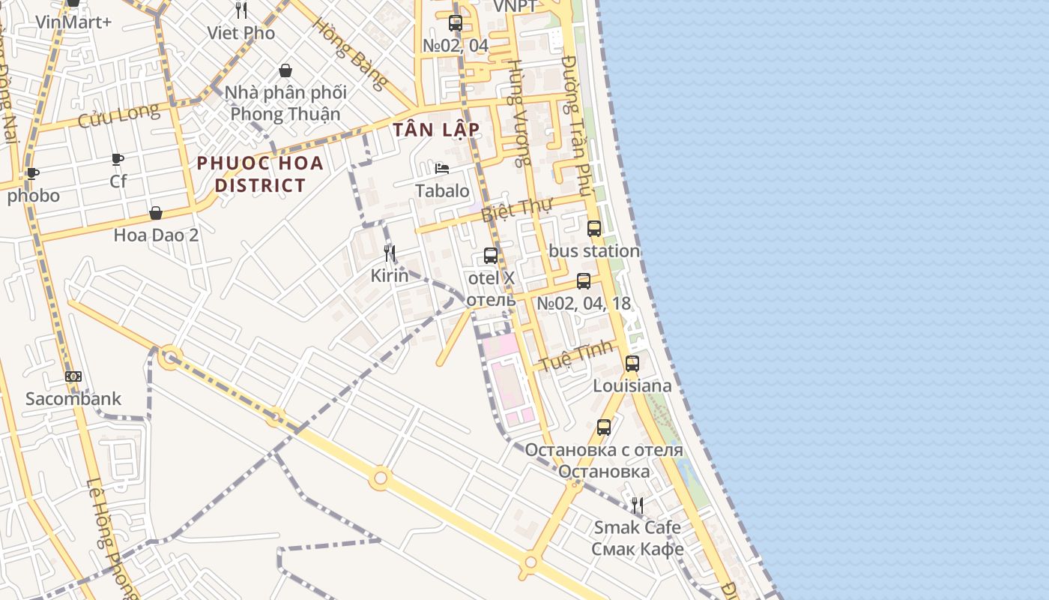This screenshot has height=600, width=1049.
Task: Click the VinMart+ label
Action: pyautogui.click(x=73, y=22)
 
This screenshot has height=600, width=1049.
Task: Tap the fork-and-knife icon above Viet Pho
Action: pyautogui.click(x=241, y=10)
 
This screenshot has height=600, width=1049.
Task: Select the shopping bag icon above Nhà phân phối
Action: pyautogui.click(x=285, y=70)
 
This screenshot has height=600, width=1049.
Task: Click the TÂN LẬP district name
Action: pyautogui.click(x=436, y=129)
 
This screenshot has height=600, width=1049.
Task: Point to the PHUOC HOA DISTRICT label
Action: pyautogui.click(x=260, y=174)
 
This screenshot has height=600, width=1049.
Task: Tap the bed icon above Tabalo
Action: pyautogui.click(x=442, y=168)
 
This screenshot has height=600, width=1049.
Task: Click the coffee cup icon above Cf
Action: pyautogui.click(x=118, y=159)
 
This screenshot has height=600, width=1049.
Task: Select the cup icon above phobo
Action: pyautogui.click(x=33, y=174)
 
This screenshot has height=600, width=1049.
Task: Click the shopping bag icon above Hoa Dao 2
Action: pyautogui.click(x=156, y=213)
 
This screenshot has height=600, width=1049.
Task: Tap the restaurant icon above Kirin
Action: pyautogui.click(x=390, y=253)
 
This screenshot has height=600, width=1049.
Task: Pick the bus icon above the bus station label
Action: pyautogui.click(x=594, y=229)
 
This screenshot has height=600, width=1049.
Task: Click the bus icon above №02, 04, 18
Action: pyautogui.click(x=584, y=281)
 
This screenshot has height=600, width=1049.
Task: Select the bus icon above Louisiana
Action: pyautogui.click(x=632, y=364)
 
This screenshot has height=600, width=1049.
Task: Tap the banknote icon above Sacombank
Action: pyautogui.click(x=73, y=376)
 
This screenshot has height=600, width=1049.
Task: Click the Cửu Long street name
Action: pyautogui.click(x=119, y=115)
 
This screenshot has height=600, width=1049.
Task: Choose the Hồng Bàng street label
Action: pyautogui.click(x=350, y=53)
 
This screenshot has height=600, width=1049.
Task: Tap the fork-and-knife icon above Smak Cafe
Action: pyautogui.click(x=637, y=505)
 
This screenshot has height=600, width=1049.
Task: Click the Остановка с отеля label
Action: pyautogui.click(x=604, y=450)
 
